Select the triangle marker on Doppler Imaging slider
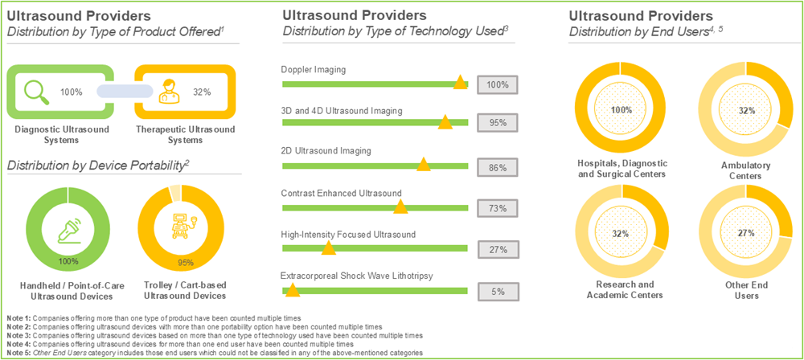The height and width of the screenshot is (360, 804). (x=460, y=82)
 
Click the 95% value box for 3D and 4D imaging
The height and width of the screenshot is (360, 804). (x=497, y=123)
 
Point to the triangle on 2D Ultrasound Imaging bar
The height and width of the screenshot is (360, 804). (x=423, y=164)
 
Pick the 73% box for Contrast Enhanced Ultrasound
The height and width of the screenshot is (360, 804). (x=497, y=208)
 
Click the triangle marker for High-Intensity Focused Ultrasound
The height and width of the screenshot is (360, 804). (x=328, y=247)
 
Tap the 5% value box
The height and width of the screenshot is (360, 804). (x=497, y=291)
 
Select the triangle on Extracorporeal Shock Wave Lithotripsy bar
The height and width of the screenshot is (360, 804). (x=293, y=289)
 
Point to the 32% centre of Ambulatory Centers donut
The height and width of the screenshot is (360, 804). (x=747, y=110)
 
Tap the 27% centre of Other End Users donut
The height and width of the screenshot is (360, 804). (x=747, y=232)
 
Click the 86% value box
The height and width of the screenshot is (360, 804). (x=497, y=168)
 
